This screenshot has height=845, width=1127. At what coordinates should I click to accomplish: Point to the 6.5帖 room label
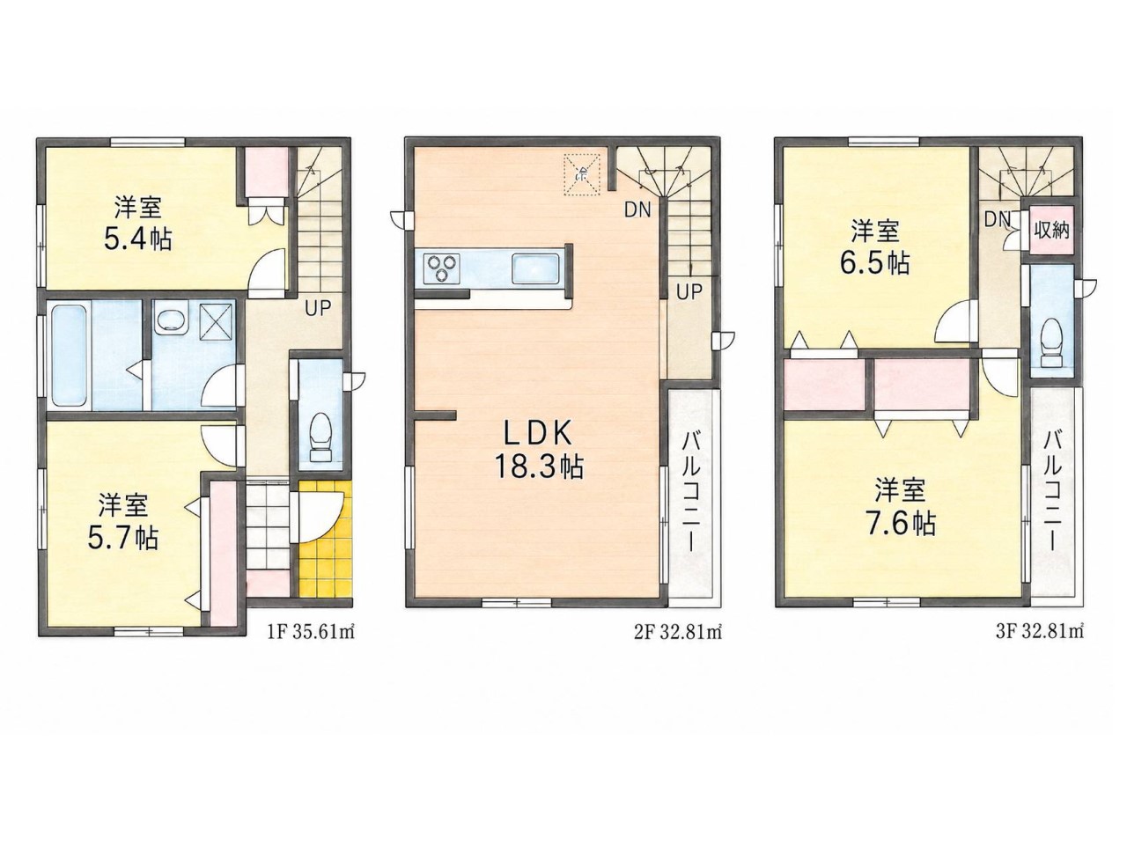coord(875,246)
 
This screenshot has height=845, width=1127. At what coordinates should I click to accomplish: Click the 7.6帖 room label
coord(900,507)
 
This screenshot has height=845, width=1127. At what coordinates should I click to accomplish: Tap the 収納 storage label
coord(1051,231)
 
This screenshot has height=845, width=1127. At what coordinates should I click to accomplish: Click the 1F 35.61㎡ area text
coord(311,633)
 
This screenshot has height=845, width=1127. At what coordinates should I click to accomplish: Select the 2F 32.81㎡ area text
coord(677,633)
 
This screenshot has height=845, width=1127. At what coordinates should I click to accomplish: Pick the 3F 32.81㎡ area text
coord(1040,632)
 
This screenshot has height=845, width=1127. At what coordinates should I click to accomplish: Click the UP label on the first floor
coord(318,308)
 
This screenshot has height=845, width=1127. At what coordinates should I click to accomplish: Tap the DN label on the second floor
coord(637,209)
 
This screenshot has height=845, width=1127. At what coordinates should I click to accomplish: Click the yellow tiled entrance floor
coord(325,538)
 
